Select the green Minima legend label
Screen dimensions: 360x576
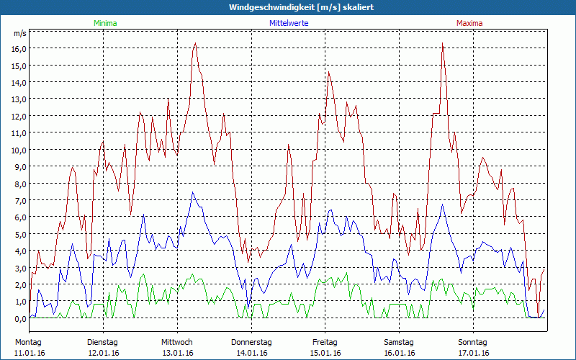click(105, 23)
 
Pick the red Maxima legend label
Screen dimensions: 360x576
click(469, 23)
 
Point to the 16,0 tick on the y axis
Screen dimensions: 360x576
click(18, 48)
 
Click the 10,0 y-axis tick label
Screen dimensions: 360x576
click(18, 150)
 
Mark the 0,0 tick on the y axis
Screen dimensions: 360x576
click(19, 318)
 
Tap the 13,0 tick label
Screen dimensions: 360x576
click(18, 99)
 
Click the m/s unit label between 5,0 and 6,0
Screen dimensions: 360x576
click(19, 225)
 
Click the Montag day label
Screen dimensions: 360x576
click(28, 342)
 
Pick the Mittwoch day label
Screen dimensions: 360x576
click(177, 342)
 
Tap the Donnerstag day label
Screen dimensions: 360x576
click(251, 342)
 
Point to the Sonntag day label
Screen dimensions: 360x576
click(473, 342)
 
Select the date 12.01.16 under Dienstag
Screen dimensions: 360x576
click(103, 353)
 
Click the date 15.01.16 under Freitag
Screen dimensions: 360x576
click(325, 353)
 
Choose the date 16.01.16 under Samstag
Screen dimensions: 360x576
click(399, 353)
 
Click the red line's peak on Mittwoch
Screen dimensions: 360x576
click(195, 43)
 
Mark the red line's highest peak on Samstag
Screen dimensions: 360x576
click(442, 43)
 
